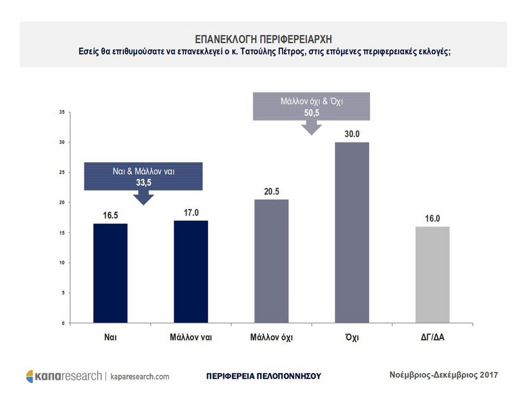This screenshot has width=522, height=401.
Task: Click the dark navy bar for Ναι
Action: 110,273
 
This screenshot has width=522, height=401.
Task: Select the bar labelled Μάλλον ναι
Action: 190,272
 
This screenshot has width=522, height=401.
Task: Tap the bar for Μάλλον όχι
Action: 271,261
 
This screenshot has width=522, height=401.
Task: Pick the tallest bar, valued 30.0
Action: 352,233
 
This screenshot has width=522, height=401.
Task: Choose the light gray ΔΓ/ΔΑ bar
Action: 432,275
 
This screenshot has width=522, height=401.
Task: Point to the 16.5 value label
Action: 111,215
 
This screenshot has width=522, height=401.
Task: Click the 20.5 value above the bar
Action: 271,192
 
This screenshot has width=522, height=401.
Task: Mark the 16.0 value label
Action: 432,218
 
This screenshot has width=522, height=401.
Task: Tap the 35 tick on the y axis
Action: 63,112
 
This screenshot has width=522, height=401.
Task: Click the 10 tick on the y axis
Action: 63,263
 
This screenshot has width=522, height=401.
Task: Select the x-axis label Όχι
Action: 352,337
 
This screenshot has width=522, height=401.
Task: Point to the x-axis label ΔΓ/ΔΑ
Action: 432,337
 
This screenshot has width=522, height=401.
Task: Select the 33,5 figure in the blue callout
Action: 144,182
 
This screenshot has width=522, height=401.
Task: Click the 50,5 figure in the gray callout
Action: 312,113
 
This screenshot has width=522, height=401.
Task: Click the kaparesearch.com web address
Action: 140,377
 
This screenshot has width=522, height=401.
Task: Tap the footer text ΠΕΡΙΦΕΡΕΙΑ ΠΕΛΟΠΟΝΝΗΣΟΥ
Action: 264,376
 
